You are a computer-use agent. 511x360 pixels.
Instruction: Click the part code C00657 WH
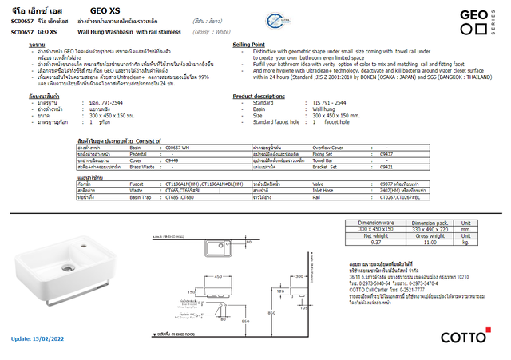tap(177, 148)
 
